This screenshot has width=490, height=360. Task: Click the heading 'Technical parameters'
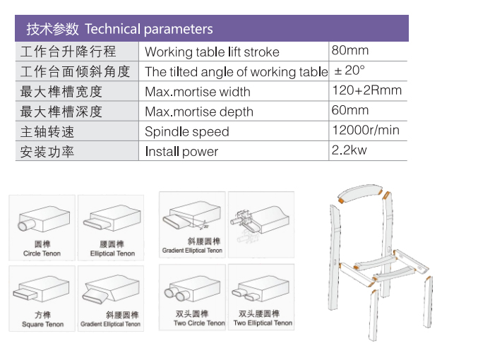point(149,29)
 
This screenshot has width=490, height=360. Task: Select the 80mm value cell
point(350,50)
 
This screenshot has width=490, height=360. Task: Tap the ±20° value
point(349,71)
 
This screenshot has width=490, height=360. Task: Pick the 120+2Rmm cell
point(367,90)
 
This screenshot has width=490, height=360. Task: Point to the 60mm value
point(350,110)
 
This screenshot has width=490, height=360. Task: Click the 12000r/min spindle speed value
point(366,130)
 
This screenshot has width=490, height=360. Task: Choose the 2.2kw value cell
point(349,150)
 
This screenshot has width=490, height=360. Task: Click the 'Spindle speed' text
point(187,132)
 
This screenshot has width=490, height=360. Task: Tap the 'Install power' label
point(181,152)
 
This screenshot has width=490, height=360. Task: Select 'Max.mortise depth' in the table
point(199,112)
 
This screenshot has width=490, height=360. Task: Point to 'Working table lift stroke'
point(213,52)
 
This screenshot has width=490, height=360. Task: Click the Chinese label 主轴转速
point(47,132)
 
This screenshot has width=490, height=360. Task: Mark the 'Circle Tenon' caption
point(42,253)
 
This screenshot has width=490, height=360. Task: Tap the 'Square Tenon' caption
point(42,325)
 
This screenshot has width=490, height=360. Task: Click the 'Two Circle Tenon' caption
point(199,323)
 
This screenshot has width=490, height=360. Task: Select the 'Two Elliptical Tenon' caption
point(263,323)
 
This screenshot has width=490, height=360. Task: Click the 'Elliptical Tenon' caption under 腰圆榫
point(112,253)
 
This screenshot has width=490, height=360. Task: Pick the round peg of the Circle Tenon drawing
point(26,224)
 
